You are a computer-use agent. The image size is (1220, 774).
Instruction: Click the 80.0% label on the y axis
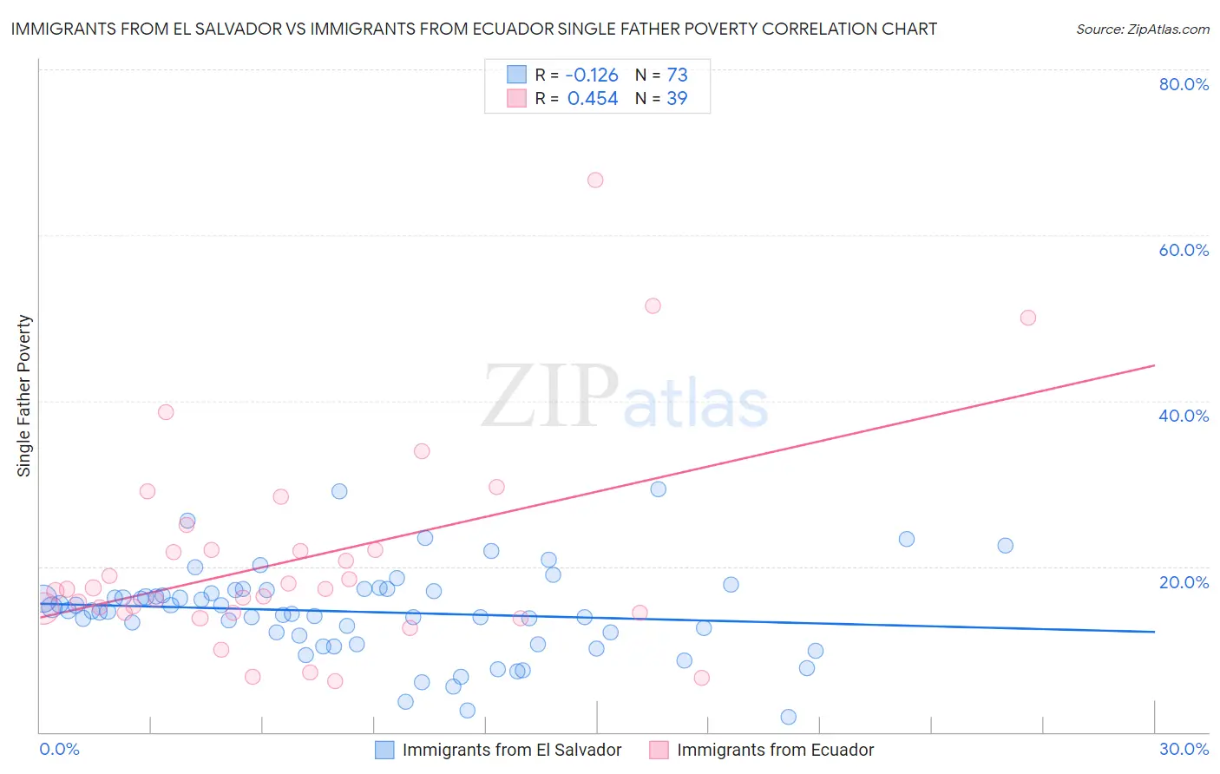click(1184, 84)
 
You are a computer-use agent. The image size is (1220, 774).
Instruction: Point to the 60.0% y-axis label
click(1184, 250)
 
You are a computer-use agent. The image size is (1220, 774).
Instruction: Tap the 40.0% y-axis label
click(1184, 416)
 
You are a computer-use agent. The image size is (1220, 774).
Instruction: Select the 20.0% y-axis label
click(1184, 582)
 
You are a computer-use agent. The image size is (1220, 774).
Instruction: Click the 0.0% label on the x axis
click(59, 749)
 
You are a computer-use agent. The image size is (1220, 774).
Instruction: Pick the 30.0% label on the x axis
click(1184, 749)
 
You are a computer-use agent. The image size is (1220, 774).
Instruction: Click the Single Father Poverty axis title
click(24, 396)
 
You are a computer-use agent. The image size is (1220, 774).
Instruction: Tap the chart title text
click(474, 29)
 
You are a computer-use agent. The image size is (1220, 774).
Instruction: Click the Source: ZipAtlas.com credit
click(1142, 30)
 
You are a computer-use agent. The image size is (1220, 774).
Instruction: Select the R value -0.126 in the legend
click(592, 75)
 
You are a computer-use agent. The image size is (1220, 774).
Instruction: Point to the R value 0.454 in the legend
click(592, 99)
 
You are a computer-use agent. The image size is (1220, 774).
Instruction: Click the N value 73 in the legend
click(677, 75)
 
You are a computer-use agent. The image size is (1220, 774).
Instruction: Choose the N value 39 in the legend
click(677, 99)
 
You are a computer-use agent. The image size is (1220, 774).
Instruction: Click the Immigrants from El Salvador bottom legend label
click(512, 750)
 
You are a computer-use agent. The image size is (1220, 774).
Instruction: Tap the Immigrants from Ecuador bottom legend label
click(775, 750)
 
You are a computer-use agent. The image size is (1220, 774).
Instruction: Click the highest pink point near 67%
click(595, 180)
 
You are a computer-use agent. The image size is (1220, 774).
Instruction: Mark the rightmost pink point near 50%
click(1028, 318)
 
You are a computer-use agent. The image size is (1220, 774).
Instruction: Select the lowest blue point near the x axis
click(789, 717)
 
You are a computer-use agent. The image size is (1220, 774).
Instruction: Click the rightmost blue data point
click(1006, 546)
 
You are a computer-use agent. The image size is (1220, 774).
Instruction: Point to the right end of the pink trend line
click(1154, 365)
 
